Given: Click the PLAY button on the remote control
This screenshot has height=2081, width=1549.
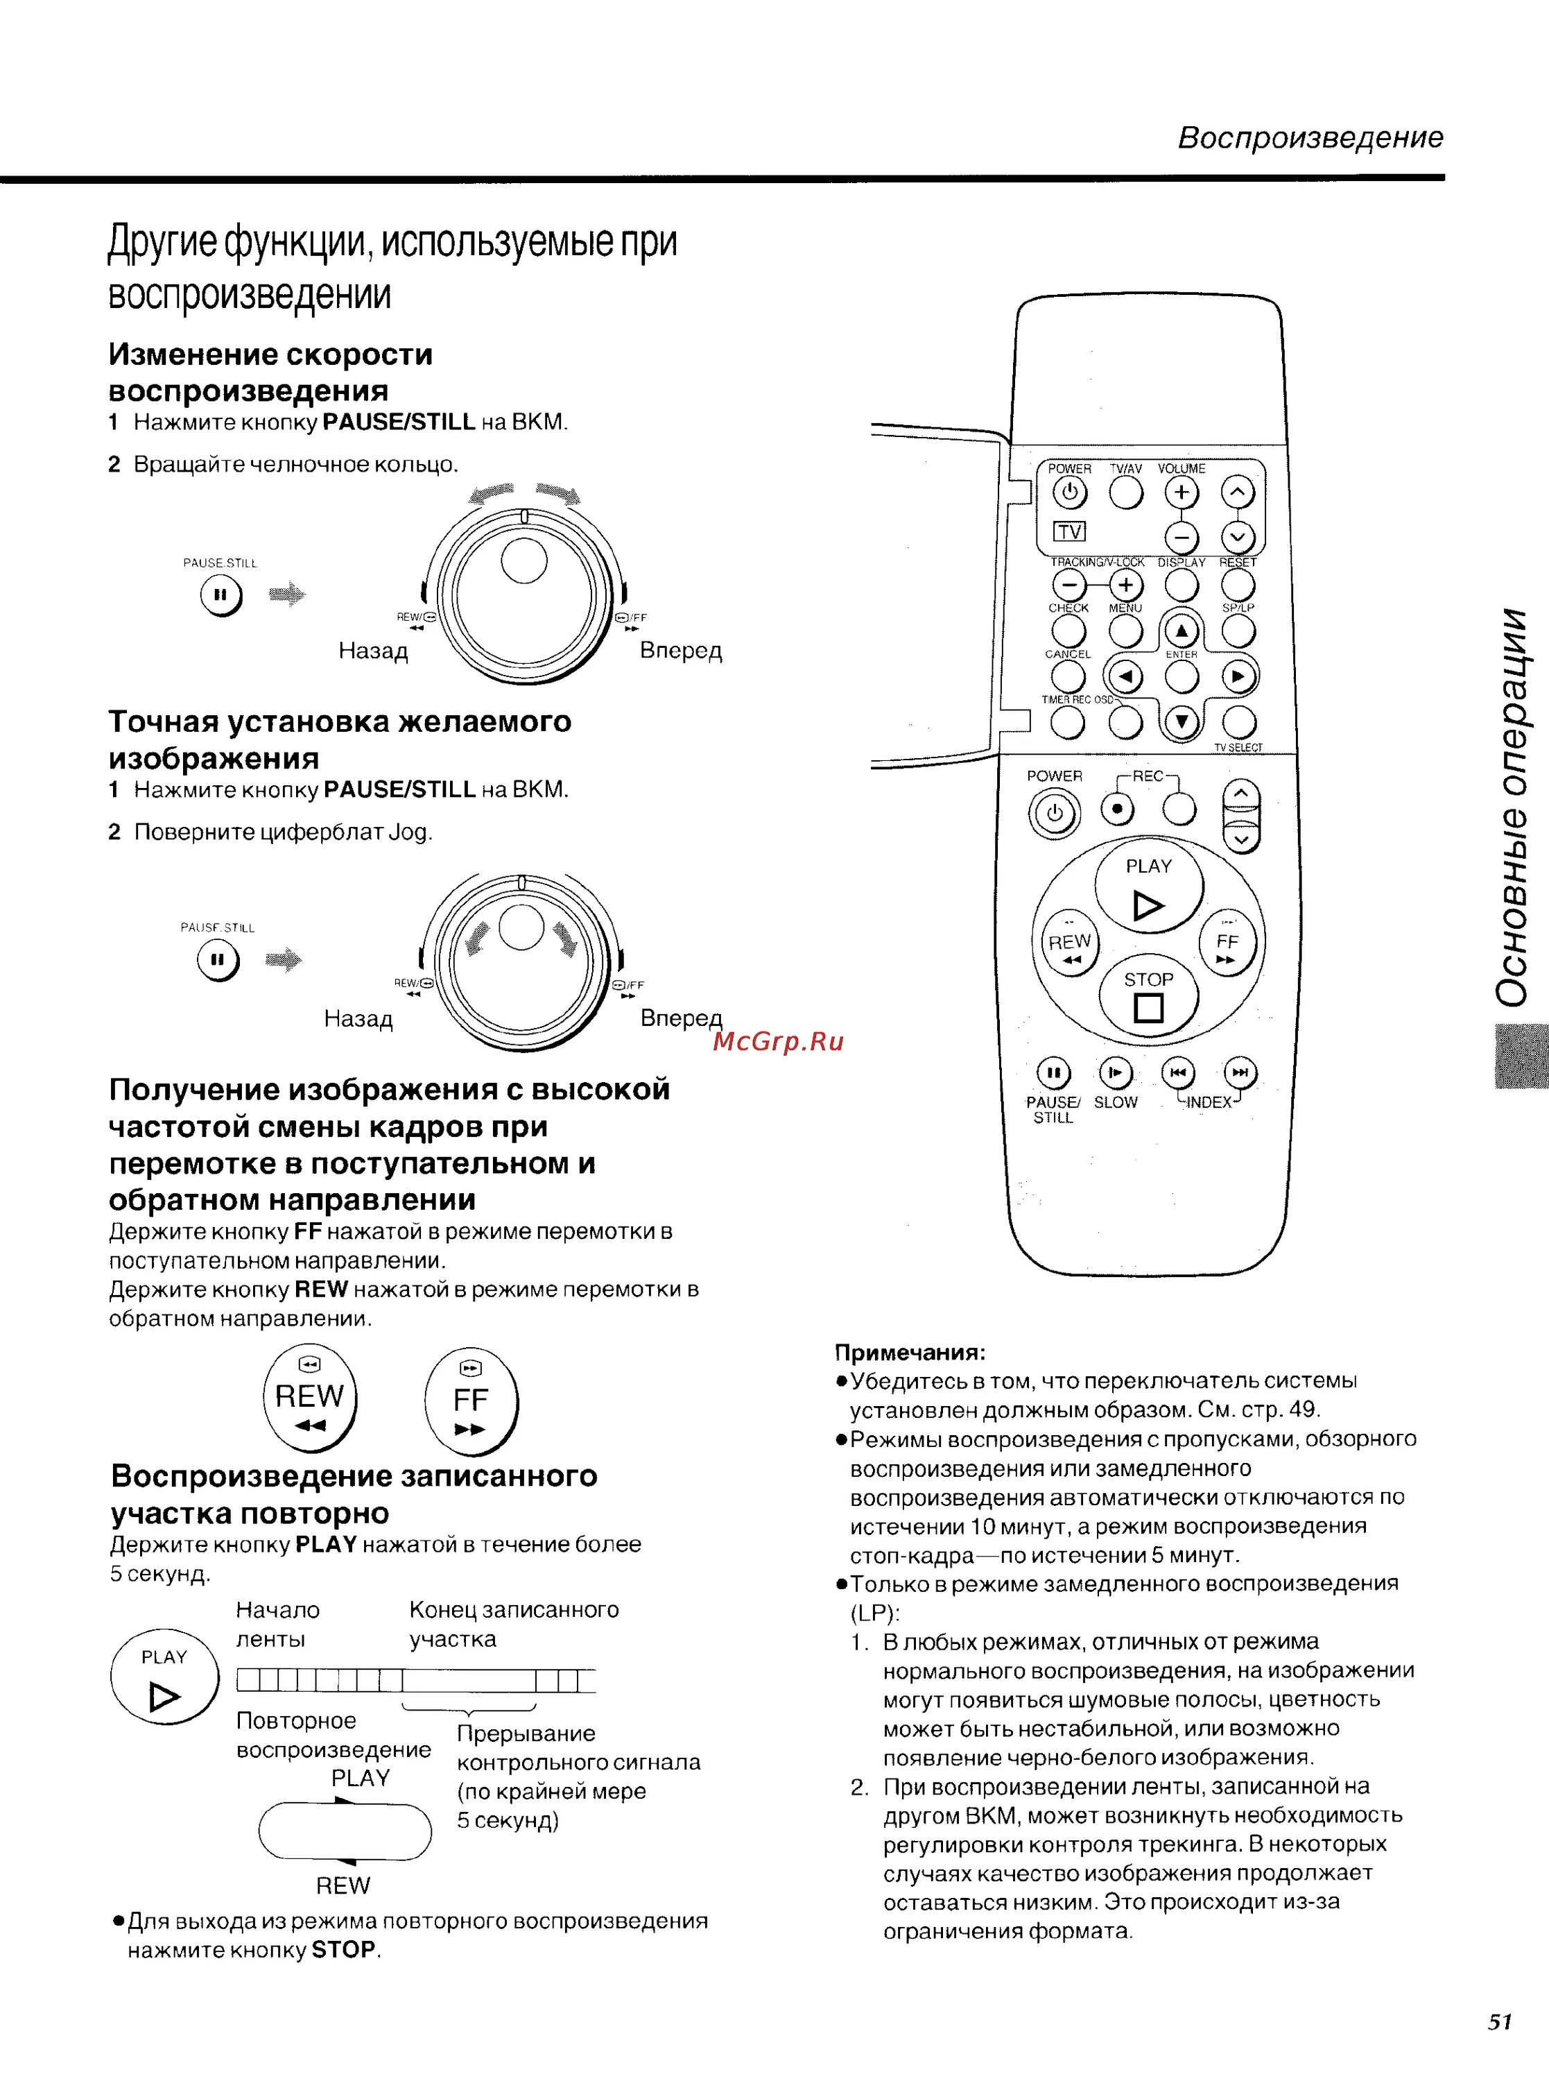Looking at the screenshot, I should coord(1149,887).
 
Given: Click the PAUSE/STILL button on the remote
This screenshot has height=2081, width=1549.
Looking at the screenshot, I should coord(1054,1072).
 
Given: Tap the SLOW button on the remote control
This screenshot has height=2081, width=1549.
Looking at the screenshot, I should coord(1115,1072).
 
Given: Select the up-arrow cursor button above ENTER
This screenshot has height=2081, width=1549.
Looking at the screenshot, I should coord(1182,631).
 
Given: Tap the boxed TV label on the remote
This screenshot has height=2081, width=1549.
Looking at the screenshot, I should coord(1069,532).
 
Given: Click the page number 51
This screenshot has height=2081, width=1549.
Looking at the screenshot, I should coord(1499,2021).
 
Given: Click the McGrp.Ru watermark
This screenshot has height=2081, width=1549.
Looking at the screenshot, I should coord(778,1042).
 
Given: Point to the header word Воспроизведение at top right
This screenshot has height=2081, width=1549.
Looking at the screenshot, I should coord(1310,138).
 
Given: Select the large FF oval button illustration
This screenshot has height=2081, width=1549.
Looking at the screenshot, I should coord(471,1399).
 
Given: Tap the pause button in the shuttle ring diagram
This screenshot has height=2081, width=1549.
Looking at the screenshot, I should coord(221,594).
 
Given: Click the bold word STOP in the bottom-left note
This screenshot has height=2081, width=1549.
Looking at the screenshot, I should coord(343,1950).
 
